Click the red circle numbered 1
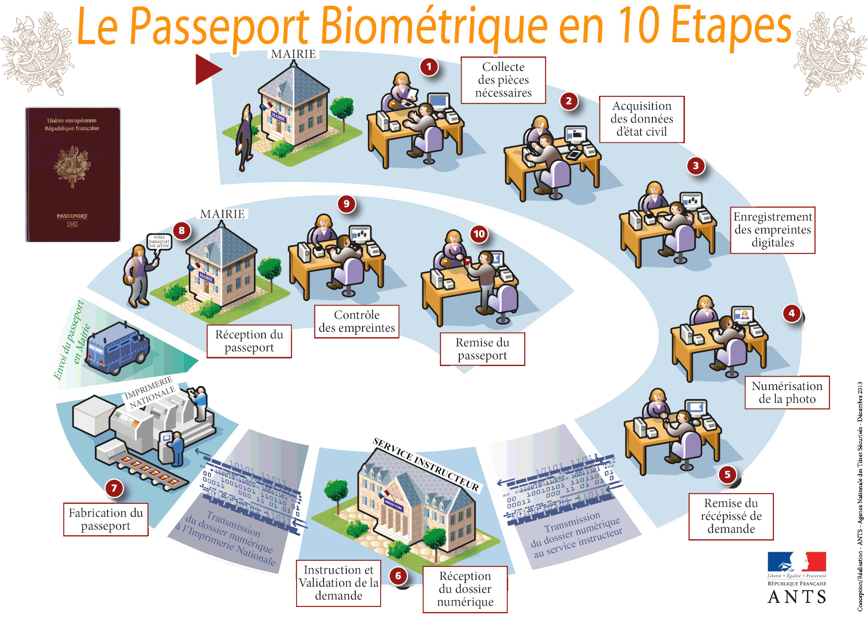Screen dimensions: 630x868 [x=429, y=67]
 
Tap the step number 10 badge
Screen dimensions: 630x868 [x=479, y=234]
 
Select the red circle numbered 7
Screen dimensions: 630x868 [x=114, y=488]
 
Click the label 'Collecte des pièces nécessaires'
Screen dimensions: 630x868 [x=503, y=80]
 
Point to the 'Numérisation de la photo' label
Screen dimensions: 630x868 [x=787, y=392]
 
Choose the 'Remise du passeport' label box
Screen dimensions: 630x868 [x=482, y=349]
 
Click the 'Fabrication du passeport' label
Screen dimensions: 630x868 [x=106, y=519]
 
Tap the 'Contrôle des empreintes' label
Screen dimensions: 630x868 [x=357, y=321]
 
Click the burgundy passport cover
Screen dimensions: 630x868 [x=73, y=174]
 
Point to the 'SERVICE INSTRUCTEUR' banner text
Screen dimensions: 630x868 [x=425, y=464]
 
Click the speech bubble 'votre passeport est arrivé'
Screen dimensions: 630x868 [x=159, y=242]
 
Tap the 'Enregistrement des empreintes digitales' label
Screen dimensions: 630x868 [x=773, y=230]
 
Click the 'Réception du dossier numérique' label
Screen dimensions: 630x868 [x=465, y=589]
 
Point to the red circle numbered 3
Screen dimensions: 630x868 [x=696, y=166]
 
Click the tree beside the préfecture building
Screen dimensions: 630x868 [x=337, y=493]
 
